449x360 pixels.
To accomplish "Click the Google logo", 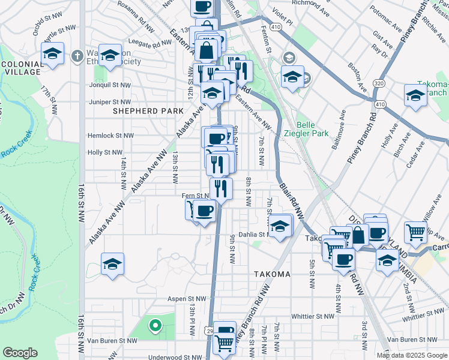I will [20, 353].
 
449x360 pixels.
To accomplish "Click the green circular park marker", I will [155, 326].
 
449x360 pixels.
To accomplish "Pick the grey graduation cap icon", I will [289, 58].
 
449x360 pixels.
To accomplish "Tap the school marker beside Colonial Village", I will [53, 55].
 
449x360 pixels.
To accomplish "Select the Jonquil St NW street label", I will [109, 85].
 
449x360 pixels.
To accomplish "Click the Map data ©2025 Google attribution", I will [412, 355].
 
